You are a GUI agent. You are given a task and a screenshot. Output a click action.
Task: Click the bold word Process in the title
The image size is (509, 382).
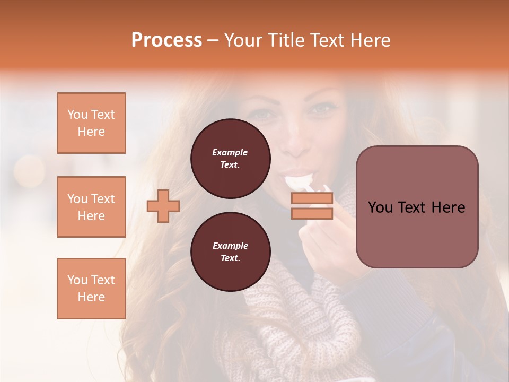click(166, 40)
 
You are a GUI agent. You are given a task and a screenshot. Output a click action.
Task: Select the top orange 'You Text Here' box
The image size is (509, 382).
click(91, 123)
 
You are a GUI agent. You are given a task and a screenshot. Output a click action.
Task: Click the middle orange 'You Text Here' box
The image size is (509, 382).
click(91, 207)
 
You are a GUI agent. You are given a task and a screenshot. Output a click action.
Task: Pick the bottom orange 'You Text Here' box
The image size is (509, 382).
click(91, 289)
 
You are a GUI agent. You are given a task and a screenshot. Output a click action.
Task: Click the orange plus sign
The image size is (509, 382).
click(163, 206)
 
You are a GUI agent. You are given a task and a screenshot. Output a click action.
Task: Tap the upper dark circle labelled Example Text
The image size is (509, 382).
click(230, 158)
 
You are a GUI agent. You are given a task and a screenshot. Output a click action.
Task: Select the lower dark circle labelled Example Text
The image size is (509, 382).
click(230, 251)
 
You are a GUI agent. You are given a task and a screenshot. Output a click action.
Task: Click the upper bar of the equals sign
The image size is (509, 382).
click(312, 198)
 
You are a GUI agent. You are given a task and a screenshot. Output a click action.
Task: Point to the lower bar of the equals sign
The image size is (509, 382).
click(312, 213)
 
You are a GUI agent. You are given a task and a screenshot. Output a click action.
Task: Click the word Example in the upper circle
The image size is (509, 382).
click(230, 152)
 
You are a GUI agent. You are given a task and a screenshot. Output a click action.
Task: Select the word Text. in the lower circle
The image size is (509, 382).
click(230, 258)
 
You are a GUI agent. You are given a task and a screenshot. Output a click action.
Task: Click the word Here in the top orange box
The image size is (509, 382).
click(91, 132)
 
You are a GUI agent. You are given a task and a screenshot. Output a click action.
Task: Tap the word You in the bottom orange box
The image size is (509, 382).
click(77, 280)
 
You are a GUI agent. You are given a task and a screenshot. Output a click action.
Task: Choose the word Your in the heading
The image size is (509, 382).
click(244, 40)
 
